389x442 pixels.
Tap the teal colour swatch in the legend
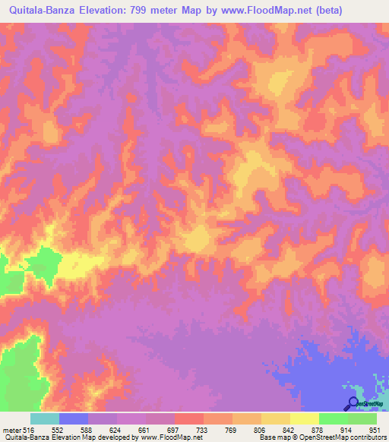pos(45,418)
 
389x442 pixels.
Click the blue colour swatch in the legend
pos(74,418)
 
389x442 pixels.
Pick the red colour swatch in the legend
pos(189,418)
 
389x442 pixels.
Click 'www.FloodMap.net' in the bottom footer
pos(165,437)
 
